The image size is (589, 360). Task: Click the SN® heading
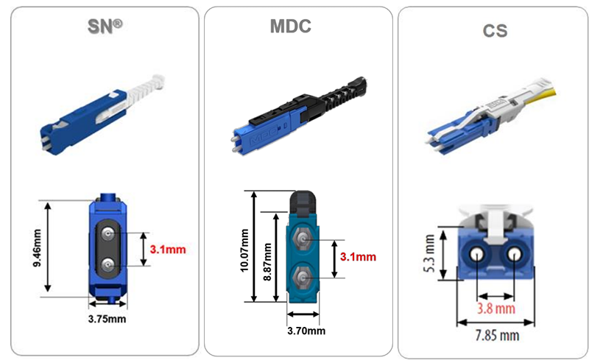point(105,27)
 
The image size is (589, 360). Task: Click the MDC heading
point(291,26)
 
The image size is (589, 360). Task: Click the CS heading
point(495,31)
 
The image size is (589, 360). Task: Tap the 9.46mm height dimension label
point(38,248)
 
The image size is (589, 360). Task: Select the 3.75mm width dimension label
point(107,319)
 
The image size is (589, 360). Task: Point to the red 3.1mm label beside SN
point(168,249)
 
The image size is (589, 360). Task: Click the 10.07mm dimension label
point(244,250)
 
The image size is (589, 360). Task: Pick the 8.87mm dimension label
point(267,261)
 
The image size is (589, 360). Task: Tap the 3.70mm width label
point(306,331)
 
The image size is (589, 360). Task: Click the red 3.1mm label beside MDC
point(358,257)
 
